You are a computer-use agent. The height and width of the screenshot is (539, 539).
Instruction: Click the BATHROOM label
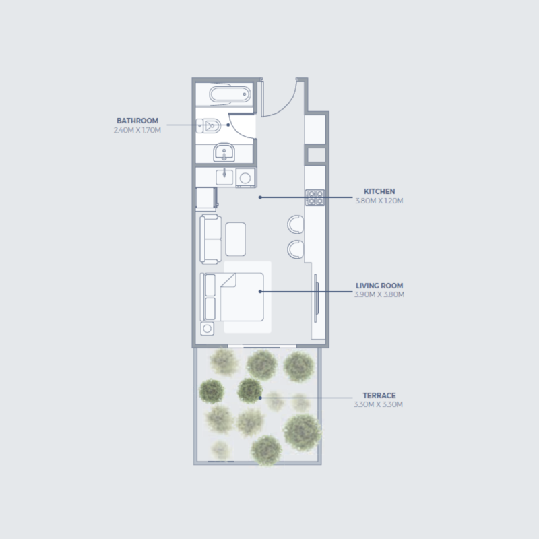tap(137, 121)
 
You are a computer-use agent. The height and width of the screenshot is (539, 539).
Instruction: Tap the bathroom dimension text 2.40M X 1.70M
tap(137, 130)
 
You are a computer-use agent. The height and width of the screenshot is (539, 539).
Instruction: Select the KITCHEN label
tap(379, 191)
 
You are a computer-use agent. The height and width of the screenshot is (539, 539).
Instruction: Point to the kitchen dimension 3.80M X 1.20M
tap(379, 201)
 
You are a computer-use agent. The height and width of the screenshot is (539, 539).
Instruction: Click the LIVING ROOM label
tap(379, 286)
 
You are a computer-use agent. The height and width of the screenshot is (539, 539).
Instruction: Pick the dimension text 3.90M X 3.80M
tap(379, 294)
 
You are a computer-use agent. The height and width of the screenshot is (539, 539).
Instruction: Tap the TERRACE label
tap(379, 395)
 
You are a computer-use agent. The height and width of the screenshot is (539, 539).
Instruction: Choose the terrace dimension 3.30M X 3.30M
tap(378, 404)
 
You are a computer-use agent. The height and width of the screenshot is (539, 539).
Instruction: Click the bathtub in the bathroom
tap(230, 94)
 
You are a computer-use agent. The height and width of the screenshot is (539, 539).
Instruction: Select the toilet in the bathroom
tap(209, 126)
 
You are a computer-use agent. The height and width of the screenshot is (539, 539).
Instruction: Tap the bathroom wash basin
tap(224, 153)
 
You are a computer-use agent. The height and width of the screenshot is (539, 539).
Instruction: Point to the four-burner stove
tap(315, 197)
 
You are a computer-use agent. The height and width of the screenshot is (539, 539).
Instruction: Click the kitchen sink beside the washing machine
tap(224, 177)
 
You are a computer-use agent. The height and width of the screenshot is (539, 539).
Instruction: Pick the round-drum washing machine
tap(245, 178)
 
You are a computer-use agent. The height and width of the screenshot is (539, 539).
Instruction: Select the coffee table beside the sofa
tap(235, 239)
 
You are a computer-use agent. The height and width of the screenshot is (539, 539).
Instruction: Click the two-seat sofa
tap(211, 239)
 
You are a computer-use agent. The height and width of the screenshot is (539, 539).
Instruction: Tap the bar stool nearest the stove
tap(296, 224)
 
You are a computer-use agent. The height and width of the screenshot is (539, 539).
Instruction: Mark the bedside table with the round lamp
tap(208, 329)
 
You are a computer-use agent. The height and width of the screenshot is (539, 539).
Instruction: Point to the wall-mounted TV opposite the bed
tap(316, 298)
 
